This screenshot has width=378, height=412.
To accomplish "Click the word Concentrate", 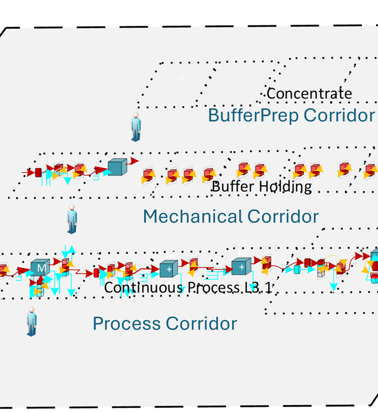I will tap(309, 93).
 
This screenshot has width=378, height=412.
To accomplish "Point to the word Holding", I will tap(285, 187).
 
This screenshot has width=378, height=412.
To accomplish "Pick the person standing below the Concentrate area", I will tap(136, 127).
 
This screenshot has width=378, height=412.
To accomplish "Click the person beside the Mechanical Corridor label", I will tap(72, 219).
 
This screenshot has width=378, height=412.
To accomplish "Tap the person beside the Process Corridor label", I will tap(32, 321).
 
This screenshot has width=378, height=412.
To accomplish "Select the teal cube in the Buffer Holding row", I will tap(117, 167).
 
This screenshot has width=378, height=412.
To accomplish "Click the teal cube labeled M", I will tap(39, 267).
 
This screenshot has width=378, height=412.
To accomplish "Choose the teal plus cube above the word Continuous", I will tap(168, 269).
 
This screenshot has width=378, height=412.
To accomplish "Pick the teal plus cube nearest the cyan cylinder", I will tap(241, 268).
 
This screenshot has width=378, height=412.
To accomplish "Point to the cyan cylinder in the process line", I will tap(297, 269).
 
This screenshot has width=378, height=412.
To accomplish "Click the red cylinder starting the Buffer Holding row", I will tap(38, 172).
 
